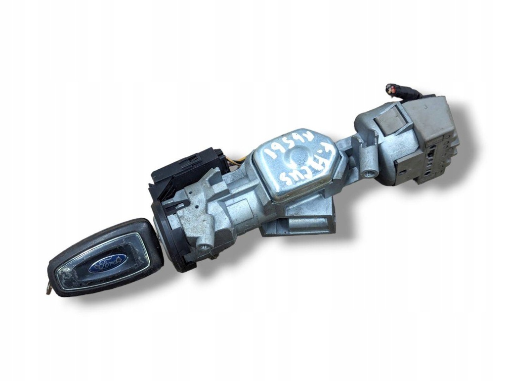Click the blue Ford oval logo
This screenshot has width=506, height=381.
point(108,264)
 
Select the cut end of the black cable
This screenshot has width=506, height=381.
point(390,88)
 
